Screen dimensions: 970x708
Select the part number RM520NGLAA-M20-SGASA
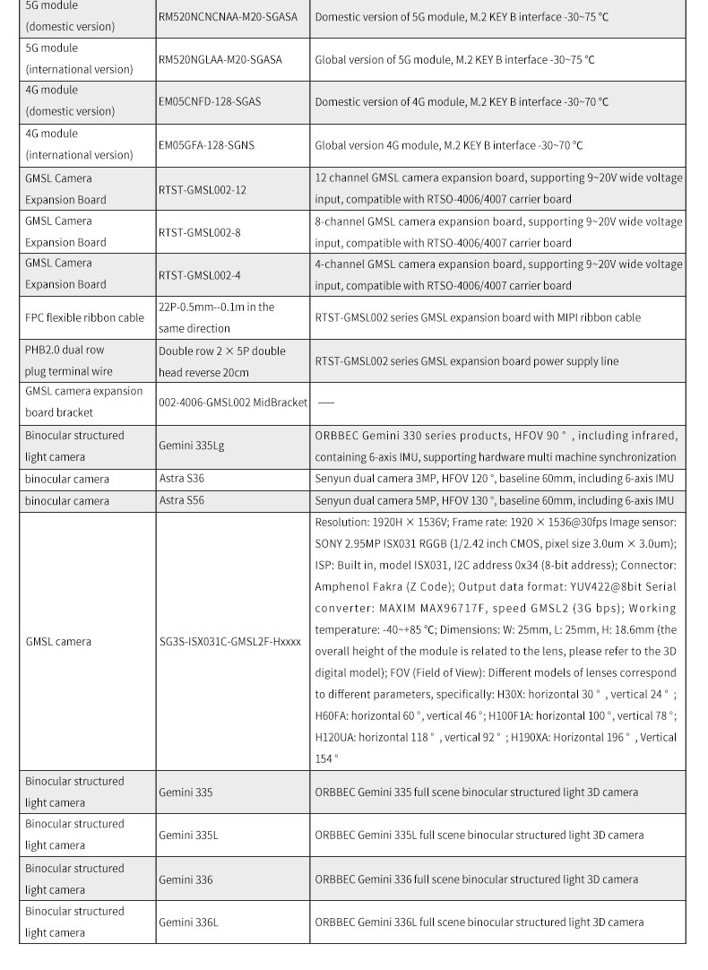[x=220, y=59]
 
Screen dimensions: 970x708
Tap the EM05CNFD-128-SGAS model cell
[x=210, y=101]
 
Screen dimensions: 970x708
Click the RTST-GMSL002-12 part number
[x=203, y=189]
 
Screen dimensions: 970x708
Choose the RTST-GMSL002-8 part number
[x=200, y=232]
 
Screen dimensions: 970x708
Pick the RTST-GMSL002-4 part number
[x=200, y=275]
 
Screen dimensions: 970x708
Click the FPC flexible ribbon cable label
[x=84, y=317]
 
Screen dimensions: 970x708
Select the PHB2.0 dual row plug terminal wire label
[x=69, y=360]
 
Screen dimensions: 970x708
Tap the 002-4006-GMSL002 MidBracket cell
[x=233, y=403]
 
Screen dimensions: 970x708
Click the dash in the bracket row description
[x=326, y=403]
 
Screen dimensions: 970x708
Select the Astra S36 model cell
[x=181, y=479]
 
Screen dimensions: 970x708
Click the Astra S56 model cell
[x=181, y=500]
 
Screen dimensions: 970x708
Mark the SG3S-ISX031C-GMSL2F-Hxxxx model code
[x=229, y=642]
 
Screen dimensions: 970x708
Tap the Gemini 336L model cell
[x=188, y=922]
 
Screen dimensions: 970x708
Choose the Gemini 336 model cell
[x=186, y=879]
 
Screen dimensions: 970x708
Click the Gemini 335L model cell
[x=188, y=836]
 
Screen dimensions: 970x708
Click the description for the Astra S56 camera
[x=494, y=500]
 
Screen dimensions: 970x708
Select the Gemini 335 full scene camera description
[x=477, y=792]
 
